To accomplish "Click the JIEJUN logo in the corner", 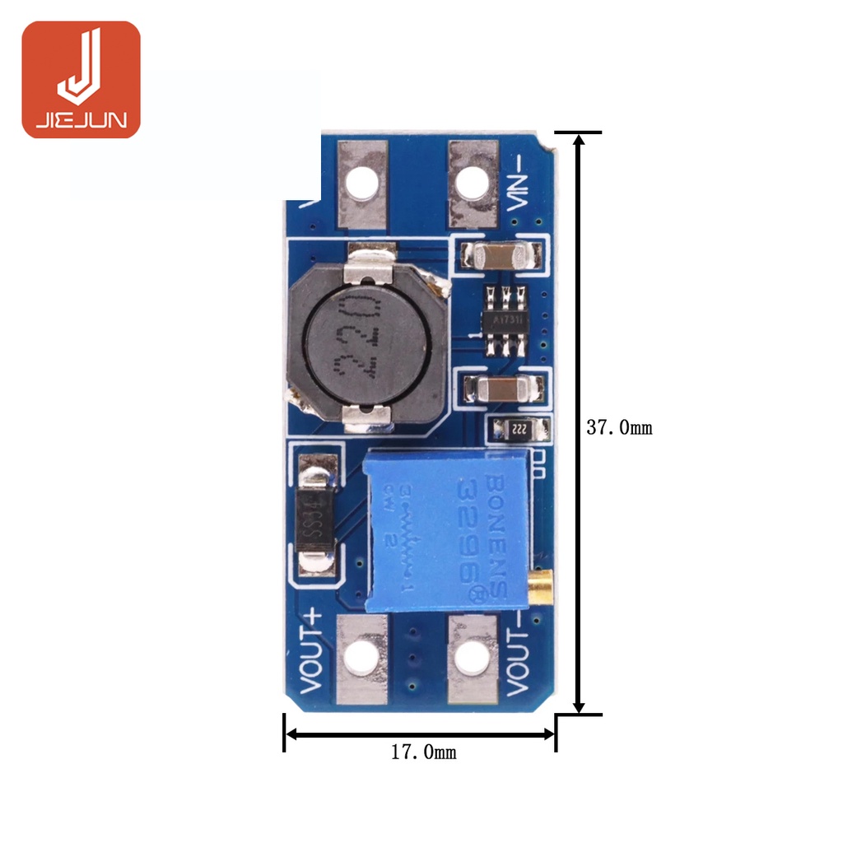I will coord(81,79).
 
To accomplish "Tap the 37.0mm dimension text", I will coord(619,427).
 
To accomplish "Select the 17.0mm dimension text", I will coord(423,752).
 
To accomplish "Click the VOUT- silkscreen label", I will coord(518,664).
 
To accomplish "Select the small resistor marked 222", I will coord(519,428).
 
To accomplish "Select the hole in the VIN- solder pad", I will coord(472,183).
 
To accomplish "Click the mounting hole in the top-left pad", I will coord(361,183).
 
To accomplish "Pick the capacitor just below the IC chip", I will coord(501,386).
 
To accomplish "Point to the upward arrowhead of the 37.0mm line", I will coord(579,140).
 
